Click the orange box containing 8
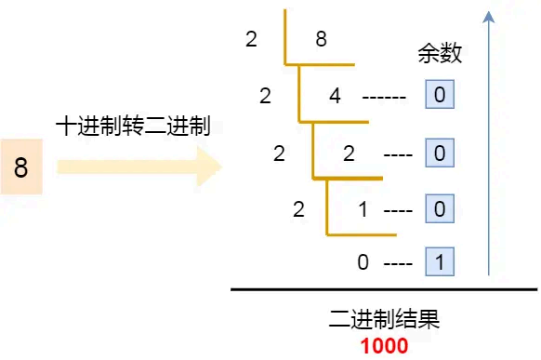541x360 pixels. (x=21, y=167)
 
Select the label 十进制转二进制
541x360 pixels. (x=133, y=126)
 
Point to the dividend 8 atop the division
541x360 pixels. (x=321, y=40)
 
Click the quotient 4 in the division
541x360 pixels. (x=336, y=96)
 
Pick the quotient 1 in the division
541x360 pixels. (x=363, y=210)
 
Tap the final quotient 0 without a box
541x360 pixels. (x=363, y=262)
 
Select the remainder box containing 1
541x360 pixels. (x=439, y=262)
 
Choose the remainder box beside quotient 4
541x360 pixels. (x=439, y=95)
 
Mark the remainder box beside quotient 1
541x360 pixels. (x=439, y=209)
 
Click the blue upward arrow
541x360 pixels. (x=489, y=140)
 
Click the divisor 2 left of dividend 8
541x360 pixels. (x=251, y=40)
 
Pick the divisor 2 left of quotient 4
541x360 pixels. (x=266, y=96)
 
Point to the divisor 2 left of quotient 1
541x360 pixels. (x=298, y=210)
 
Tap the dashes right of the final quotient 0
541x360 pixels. (x=397, y=263)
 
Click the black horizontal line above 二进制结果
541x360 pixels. (x=384, y=290)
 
